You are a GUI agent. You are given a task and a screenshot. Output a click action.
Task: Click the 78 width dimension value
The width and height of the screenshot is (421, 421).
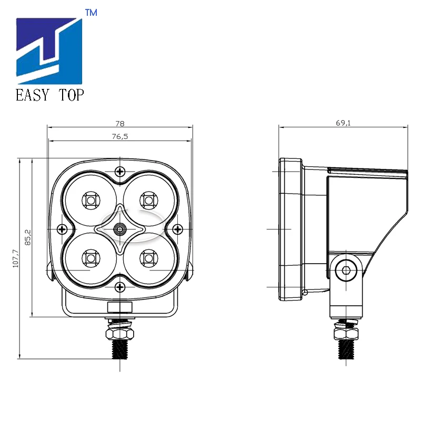coord(120,124)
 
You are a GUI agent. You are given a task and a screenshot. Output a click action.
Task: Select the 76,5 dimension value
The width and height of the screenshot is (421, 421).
coord(120,137)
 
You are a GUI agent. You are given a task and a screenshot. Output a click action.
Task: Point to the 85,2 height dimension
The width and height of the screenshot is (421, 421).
coord(28,237)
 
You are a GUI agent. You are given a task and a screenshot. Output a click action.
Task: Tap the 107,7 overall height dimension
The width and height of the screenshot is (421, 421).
coord(16,258)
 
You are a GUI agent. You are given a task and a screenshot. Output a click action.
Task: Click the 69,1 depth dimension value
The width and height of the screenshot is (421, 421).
coord(343,123)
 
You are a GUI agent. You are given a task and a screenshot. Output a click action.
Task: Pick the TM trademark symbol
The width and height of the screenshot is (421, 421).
coord(91,13)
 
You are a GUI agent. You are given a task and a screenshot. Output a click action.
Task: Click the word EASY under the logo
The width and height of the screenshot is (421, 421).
coord(33,95)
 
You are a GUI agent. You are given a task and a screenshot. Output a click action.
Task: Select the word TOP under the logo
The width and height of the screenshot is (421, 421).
coord(71,95)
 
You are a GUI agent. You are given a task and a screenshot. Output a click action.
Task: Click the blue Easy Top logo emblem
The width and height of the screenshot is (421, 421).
coord(49,51)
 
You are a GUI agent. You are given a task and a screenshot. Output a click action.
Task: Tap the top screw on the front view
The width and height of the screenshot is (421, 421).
coord(120,172)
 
